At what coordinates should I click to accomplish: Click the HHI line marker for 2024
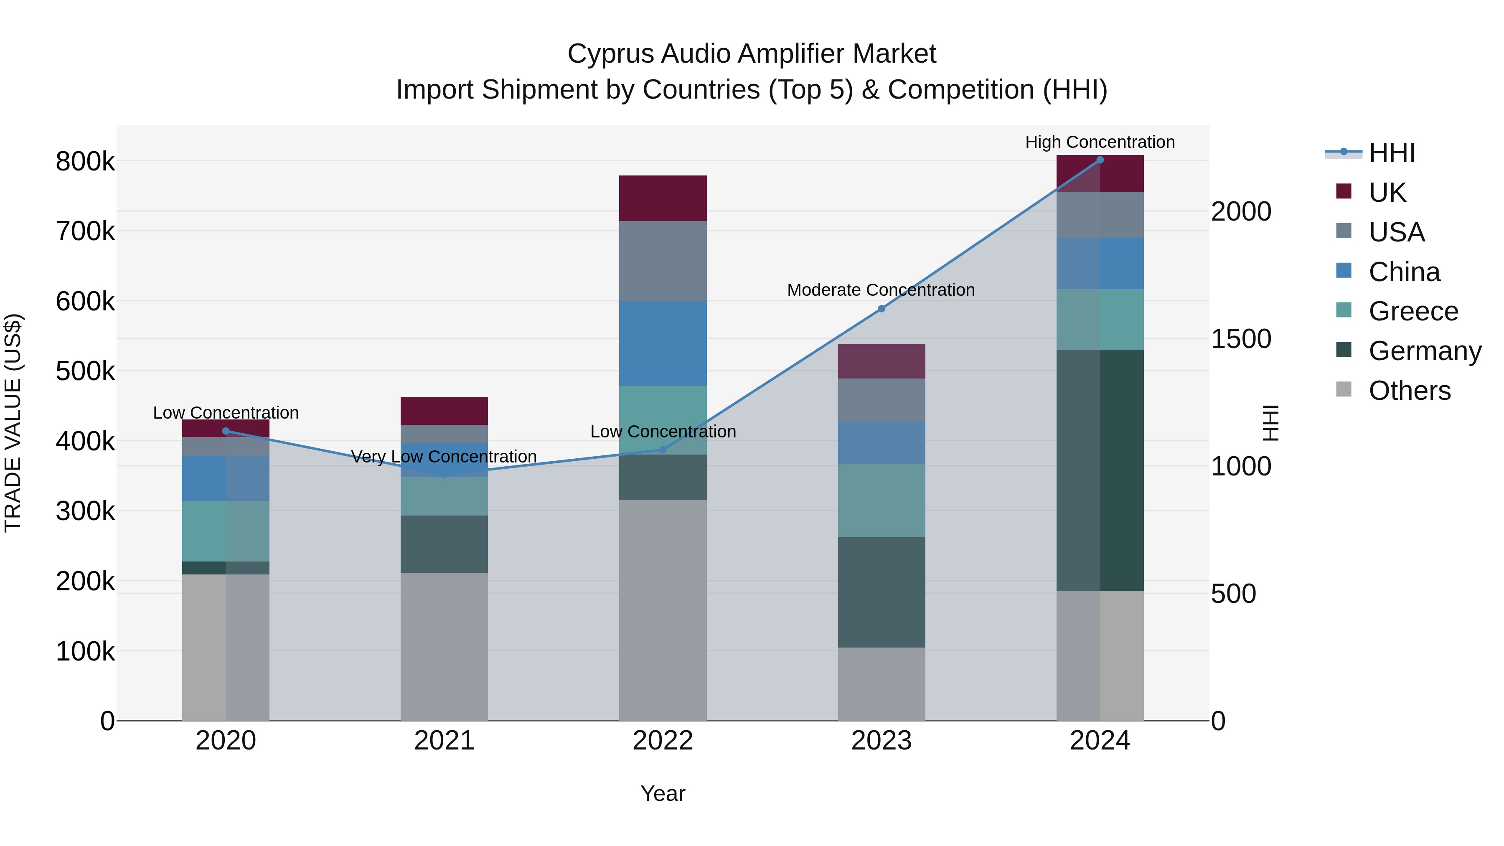pos(1100,160)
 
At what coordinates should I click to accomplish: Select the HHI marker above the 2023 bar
pos(882,308)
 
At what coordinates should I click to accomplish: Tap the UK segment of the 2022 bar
pos(663,198)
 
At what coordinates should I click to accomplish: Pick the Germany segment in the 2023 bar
pos(882,592)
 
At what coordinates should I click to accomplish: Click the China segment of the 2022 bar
pos(663,343)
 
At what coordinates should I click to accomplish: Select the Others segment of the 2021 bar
pos(444,646)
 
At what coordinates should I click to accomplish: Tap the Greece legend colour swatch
pos(1344,310)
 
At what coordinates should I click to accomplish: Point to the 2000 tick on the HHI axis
pos(1241,211)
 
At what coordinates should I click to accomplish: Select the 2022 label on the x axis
pos(663,741)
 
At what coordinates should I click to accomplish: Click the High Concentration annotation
pos(1100,142)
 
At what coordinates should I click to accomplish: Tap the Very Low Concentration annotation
pos(444,457)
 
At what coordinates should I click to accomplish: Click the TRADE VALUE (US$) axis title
pos(13,423)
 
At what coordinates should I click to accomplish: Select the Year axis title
pos(663,793)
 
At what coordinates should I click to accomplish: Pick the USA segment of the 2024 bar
pos(1100,214)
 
